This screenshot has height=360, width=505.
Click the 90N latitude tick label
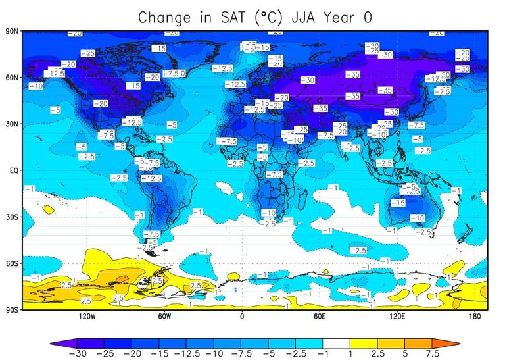tap(11, 31)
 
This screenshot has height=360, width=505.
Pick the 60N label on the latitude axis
tap(11, 78)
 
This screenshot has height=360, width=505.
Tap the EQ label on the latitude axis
tap(12, 170)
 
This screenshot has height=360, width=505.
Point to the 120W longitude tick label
tap(87, 317)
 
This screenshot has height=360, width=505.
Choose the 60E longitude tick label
tap(320, 317)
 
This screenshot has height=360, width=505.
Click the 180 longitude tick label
tap(474, 317)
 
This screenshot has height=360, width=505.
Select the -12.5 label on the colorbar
tap(187, 353)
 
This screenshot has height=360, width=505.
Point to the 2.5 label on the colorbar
tap(378, 353)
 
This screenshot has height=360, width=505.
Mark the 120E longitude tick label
tap(397, 317)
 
